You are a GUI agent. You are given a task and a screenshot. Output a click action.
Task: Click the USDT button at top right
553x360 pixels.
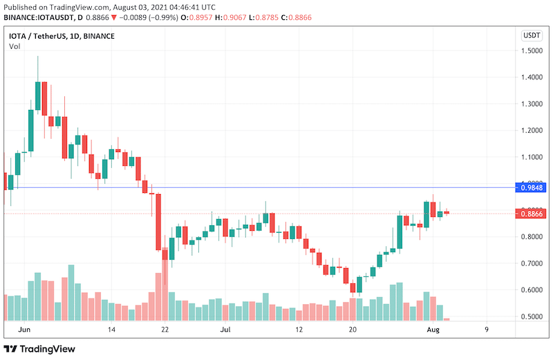(x=532, y=35)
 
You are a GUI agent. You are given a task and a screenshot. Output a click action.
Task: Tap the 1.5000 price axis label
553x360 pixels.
(x=532, y=50)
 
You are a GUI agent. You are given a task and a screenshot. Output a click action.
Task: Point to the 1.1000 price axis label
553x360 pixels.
(x=532, y=157)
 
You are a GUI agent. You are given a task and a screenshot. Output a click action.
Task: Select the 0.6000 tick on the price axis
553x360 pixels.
(x=532, y=290)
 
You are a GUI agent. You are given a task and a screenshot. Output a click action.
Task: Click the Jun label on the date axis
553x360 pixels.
(x=25, y=330)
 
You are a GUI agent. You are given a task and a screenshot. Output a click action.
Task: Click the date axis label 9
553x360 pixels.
(x=487, y=330)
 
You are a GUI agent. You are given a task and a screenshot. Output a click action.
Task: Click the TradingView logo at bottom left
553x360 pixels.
(x=39, y=349)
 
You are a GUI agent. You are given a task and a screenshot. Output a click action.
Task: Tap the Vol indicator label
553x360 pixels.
(x=15, y=46)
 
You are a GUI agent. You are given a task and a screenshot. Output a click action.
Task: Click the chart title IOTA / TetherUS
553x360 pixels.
(x=38, y=35)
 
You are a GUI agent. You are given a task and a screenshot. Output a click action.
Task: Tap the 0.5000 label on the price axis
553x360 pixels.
(x=532, y=317)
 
